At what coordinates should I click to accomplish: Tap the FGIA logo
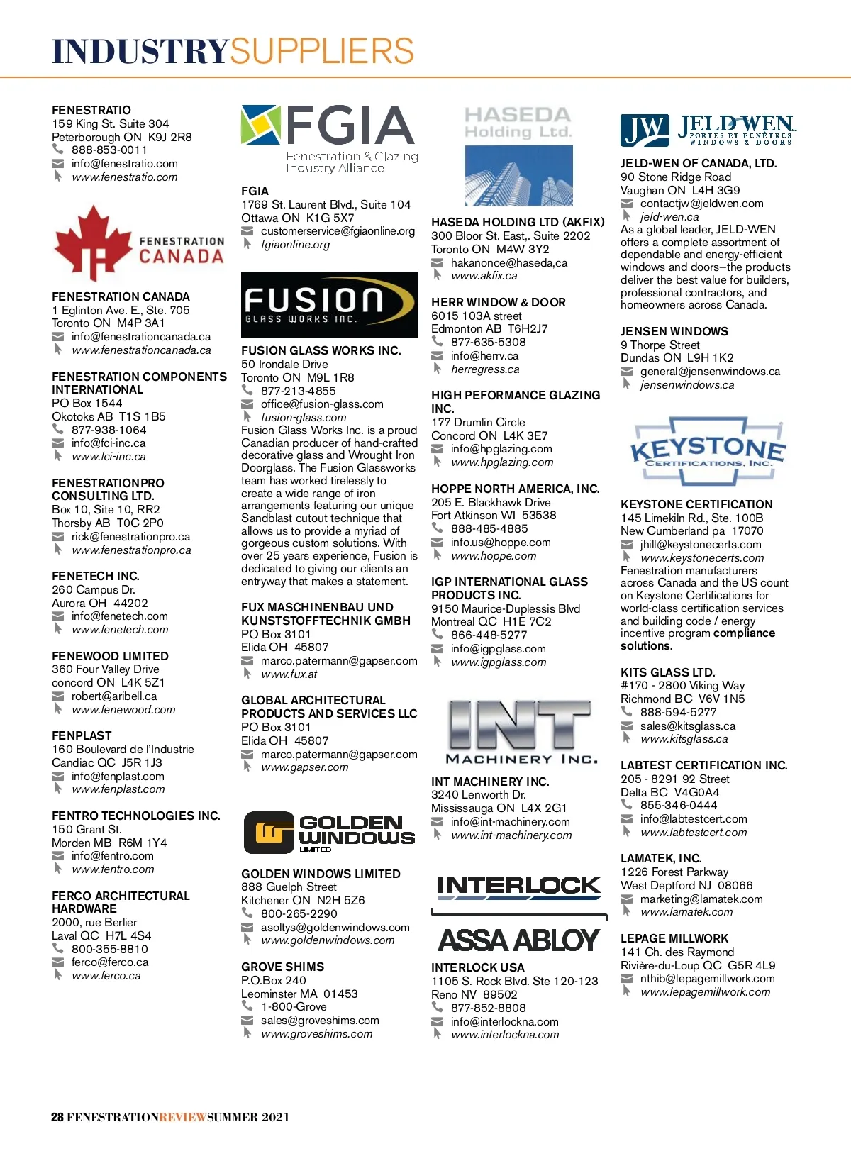(329, 139)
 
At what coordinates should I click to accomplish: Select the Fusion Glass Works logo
(329, 304)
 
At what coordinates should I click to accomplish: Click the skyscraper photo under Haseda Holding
(518, 175)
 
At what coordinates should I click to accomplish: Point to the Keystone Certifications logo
(707, 451)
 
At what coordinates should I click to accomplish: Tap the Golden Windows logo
(329, 832)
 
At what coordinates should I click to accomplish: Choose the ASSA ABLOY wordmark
(519, 940)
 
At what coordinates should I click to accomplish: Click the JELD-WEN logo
(707, 130)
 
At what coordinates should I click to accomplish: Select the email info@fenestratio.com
(124, 164)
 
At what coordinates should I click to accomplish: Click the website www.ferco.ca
(106, 976)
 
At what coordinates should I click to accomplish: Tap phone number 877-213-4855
(298, 391)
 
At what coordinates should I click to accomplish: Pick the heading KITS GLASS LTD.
(667, 672)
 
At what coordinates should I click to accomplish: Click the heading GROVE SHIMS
(282, 967)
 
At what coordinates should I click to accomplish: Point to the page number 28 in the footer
(57, 1117)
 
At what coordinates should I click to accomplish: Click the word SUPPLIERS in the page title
(322, 52)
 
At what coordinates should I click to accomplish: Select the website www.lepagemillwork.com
(705, 992)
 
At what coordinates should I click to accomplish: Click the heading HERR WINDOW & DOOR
(498, 303)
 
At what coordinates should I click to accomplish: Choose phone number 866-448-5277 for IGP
(489, 635)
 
